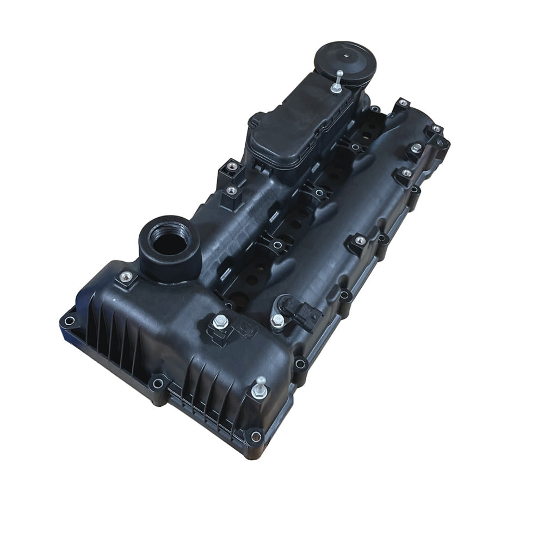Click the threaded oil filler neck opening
pyautogui.click(x=169, y=244)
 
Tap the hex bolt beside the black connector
pyautogui.click(x=277, y=321)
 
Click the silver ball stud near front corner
pyautogui.click(x=260, y=388)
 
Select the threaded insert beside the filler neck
pyautogui.click(x=126, y=277)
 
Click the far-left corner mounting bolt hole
pyautogui.click(x=69, y=320)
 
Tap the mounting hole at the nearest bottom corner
pyautogui.click(x=256, y=436)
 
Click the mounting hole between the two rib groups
pyautogui.click(x=158, y=384)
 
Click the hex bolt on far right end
pyautogui.click(x=416, y=148)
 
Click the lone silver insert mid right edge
pyautogui.click(x=360, y=240)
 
